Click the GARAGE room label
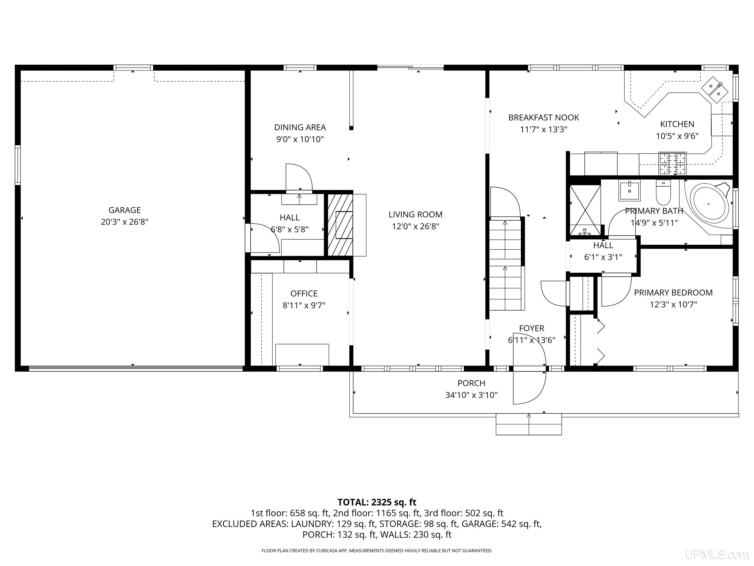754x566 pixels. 124,210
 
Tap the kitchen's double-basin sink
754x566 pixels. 714,89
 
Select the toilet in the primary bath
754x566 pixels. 663,192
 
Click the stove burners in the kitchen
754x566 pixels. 672,163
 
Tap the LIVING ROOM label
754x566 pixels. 416,215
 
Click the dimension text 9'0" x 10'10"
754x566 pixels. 300,139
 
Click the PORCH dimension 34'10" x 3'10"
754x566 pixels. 471,395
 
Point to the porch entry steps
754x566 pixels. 529,424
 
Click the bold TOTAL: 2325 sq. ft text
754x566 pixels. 377,502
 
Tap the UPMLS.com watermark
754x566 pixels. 717,554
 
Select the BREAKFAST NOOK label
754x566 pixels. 544,118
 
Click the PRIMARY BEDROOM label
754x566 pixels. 673,293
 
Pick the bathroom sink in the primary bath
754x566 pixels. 630,190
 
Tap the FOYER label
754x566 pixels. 532,328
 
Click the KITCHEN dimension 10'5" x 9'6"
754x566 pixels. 677,136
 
